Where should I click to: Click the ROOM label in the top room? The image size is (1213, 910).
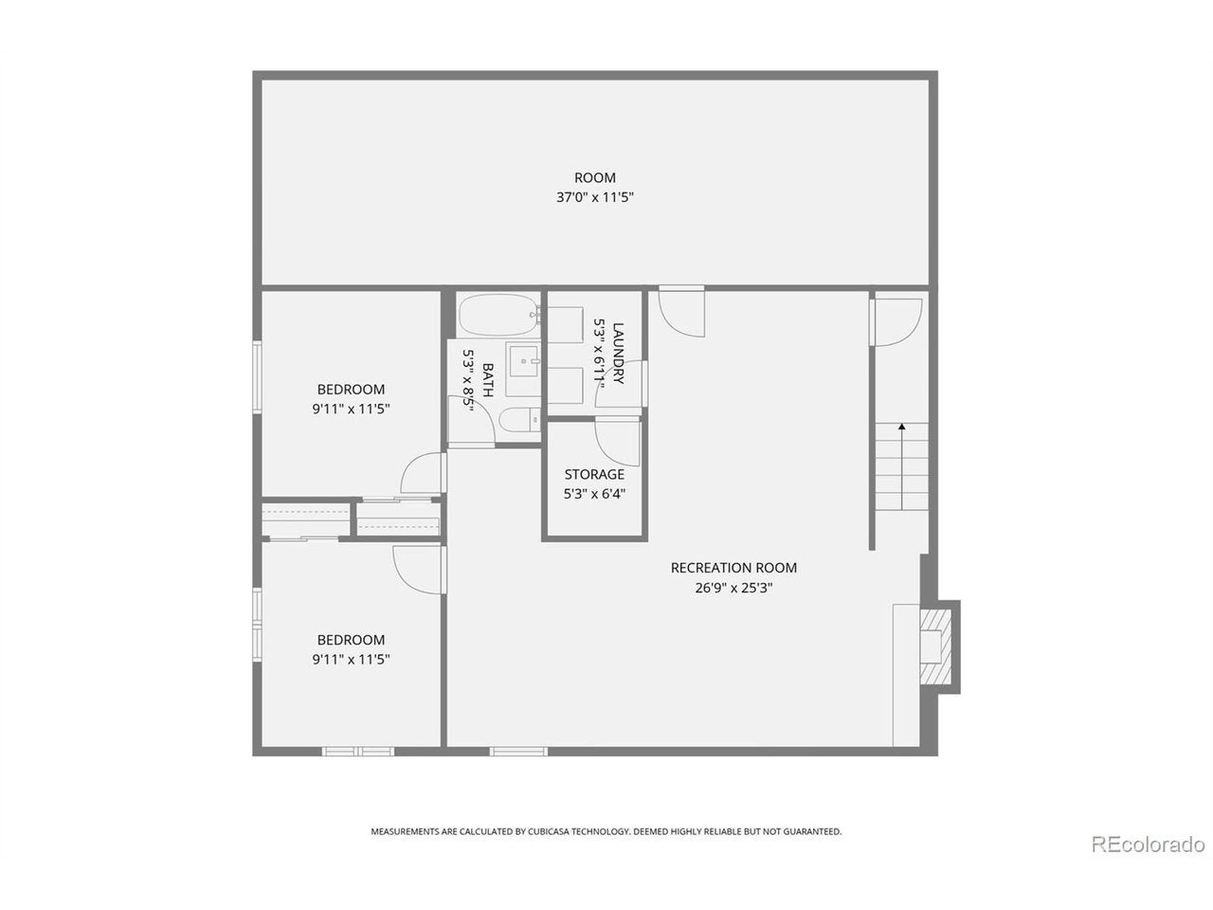tap(594, 177)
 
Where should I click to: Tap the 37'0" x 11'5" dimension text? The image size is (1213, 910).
tap(594, 197)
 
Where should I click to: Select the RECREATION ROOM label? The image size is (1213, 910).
tap(733, 568)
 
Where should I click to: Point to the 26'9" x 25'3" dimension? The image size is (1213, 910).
tap(733, 588)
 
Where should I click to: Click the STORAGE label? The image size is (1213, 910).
tap(594, 474)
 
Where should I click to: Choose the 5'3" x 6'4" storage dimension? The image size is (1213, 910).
tap(594, 494)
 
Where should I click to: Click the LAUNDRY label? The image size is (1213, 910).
tap(619, 354)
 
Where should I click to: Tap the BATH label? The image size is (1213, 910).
tap(488, 379)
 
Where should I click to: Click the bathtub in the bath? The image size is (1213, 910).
tap(499, 315)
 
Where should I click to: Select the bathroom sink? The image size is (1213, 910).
tap(524, 361)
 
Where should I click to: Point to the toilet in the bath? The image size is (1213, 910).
tap(519, 421)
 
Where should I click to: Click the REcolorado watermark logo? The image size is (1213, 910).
tap(1148, 860)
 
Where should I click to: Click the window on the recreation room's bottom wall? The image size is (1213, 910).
tap(518, 752)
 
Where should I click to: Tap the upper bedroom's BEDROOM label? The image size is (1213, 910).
tap(351, 389)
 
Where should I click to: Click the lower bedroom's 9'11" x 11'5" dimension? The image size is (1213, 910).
tap(351, 659)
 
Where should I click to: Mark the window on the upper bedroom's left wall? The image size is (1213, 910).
tap(257, 377)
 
